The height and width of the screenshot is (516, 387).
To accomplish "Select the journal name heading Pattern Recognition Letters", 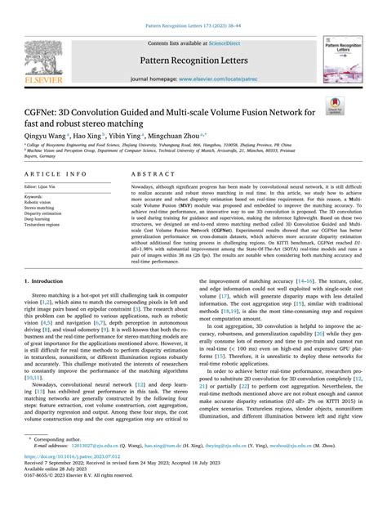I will tap(193, 61).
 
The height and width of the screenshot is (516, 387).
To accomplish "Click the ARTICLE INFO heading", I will tap(55, 174).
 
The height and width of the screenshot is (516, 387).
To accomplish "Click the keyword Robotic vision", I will tap(40, 202).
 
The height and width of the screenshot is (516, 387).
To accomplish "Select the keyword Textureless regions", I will tap(45, 225).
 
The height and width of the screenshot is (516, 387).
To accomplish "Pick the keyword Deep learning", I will tap(40, 219).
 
